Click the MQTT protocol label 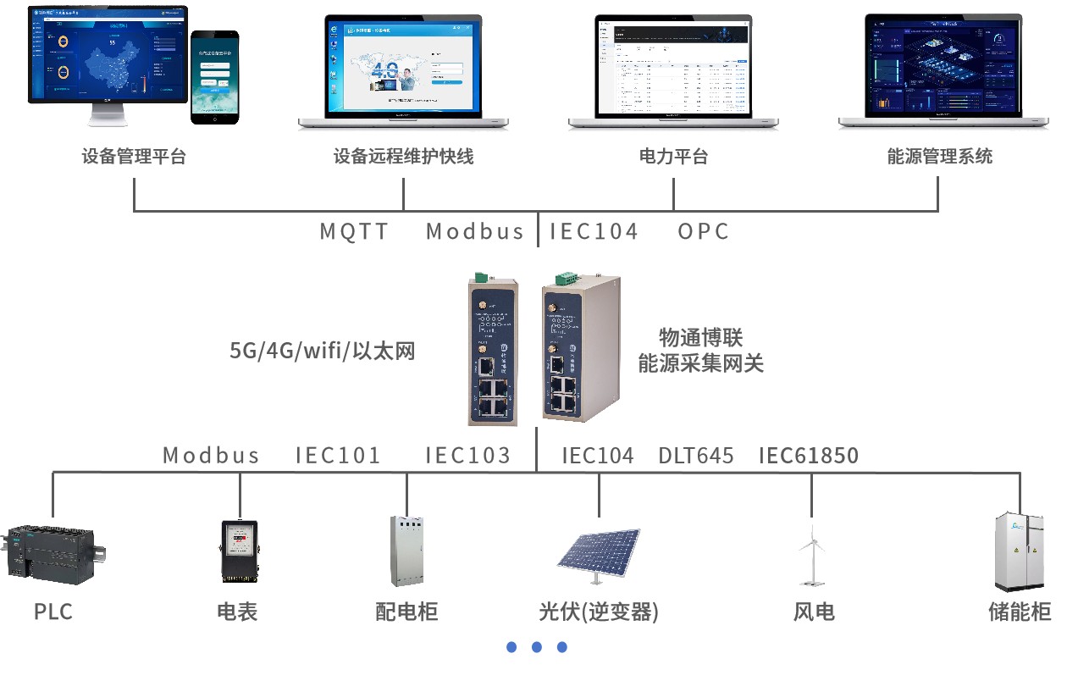coord(354,231)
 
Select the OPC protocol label coord(703,231)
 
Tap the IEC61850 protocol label coord(808,456)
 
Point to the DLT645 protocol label coord(696,456)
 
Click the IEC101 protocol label coord(338,456)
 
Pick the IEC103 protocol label coord(468,456)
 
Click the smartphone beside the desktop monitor coord(214,77)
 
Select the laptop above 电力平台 coord(673,72)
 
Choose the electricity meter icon coord(238,551)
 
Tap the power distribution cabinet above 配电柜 coord(406,551)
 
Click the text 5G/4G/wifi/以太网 coord(323,351)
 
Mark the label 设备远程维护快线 coord(403,157)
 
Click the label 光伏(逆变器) coord(598,612)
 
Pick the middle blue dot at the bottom coord(537,647)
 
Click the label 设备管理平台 coord(134,157)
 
